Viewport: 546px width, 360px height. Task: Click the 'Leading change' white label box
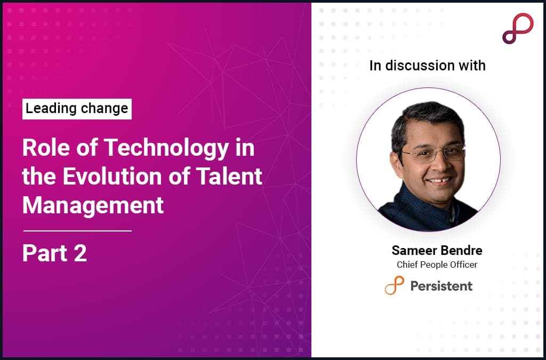click(77, 109)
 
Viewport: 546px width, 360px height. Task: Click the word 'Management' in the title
click(93, 205)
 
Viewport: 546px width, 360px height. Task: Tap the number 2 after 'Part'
click(81, 254)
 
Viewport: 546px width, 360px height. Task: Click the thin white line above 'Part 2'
click(77, 231)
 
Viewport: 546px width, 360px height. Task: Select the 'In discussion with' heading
click(427, 66)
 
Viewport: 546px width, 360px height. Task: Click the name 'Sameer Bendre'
click(437, 251)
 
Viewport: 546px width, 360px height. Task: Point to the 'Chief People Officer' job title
click(437, 265)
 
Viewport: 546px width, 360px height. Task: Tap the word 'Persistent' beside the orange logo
click(441, 286)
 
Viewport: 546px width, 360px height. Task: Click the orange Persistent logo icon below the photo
click(394, 285)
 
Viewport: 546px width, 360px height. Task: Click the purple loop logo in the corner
click(517, 28)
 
